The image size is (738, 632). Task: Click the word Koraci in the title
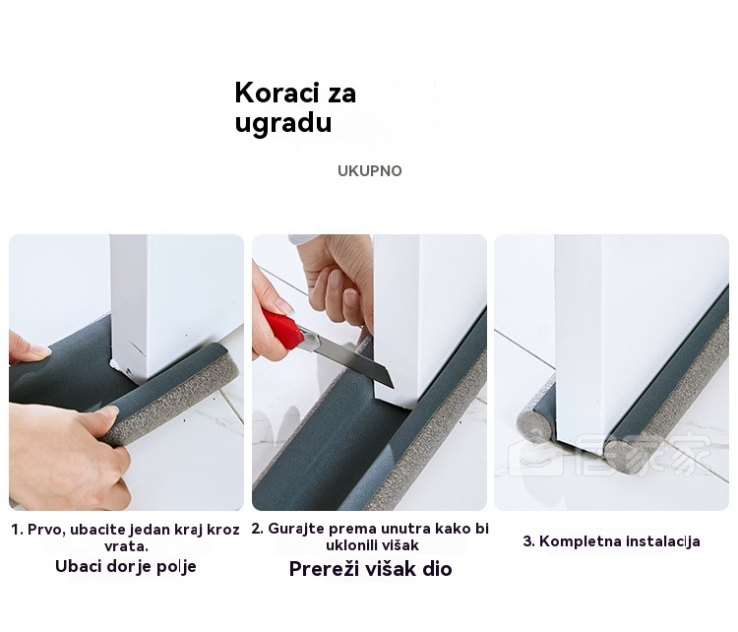pos(277,93)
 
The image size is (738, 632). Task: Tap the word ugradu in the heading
pos(282,122)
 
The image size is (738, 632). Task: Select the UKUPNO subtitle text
pos(369,170)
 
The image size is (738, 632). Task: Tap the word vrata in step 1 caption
pos(125,546)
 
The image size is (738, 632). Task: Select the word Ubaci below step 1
pos(77,566)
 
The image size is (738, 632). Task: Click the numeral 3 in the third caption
pos(526,541)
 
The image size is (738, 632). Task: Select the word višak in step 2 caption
pos(400,545)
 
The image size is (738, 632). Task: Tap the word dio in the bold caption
pos(437,568)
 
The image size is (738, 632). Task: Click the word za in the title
pos(342,93)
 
